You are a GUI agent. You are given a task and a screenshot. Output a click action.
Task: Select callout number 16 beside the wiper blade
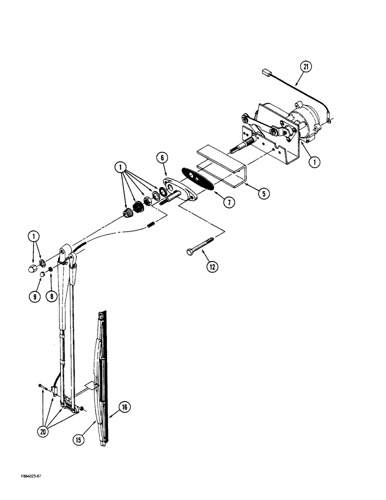[x=123, y=407]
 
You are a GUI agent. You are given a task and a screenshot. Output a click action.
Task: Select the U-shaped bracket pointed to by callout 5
[x=219, y=165]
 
